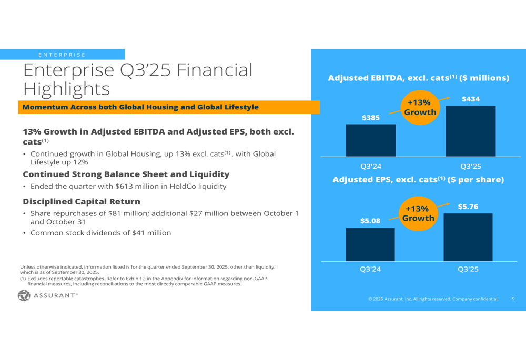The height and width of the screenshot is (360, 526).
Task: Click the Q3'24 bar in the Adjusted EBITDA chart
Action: click(x=370, y=140)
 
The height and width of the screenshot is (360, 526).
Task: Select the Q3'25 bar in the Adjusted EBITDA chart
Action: click(x=470, y=131)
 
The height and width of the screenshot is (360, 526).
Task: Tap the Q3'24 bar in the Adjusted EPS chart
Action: click(x=370, y=244)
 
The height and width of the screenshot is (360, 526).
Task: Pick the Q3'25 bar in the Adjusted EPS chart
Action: click(x=468, y=237)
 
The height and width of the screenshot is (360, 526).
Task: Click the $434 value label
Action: click(x=471, y=99)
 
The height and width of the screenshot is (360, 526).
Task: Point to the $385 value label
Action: click(x=370, y=118)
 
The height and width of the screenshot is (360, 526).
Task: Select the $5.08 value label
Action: click(x=370, y=221)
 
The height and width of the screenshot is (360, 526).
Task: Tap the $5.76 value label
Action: click(x=468, y=207)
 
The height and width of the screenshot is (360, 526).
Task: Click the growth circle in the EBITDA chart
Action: click(x=419, y=107)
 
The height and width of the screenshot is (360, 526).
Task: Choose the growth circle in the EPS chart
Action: click(x=418, y=213)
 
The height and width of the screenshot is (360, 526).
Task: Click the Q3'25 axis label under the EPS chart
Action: click(x=468, y=270)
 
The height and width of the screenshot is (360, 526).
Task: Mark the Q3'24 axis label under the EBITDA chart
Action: click(x=370, y=167)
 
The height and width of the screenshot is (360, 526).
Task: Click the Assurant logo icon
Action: click(x=24, y=295)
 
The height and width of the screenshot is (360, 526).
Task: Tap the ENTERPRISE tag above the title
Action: click(x=62, y=55)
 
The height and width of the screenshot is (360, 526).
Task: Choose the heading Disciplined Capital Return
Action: click(x=82, y=202)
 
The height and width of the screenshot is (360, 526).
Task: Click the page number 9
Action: click(x=513, y=299)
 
